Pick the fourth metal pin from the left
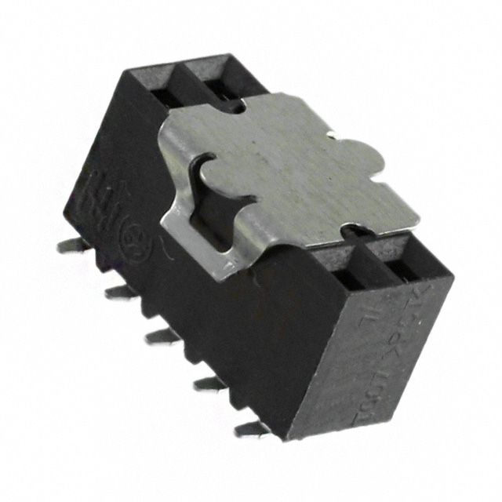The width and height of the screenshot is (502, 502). pos(209,383)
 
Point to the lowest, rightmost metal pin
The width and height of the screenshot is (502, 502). pos(249,428)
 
